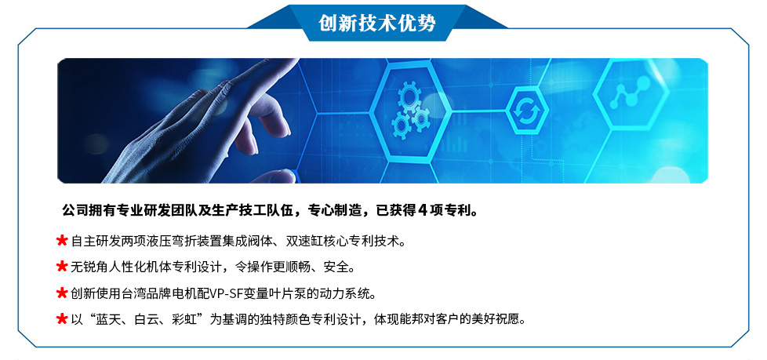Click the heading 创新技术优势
click(x=376, y=23)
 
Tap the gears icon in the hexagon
click(x=410, y=110)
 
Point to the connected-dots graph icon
click(x=631, y=92)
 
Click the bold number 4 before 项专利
click(x=423, y=211)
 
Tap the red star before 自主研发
click(x=62, y=241)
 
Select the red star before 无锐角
click(x=62, y=267)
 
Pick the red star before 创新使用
click(x=62, y=293)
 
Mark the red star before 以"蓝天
click(x=62, y=319)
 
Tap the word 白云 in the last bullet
click(x=147, y=320)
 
